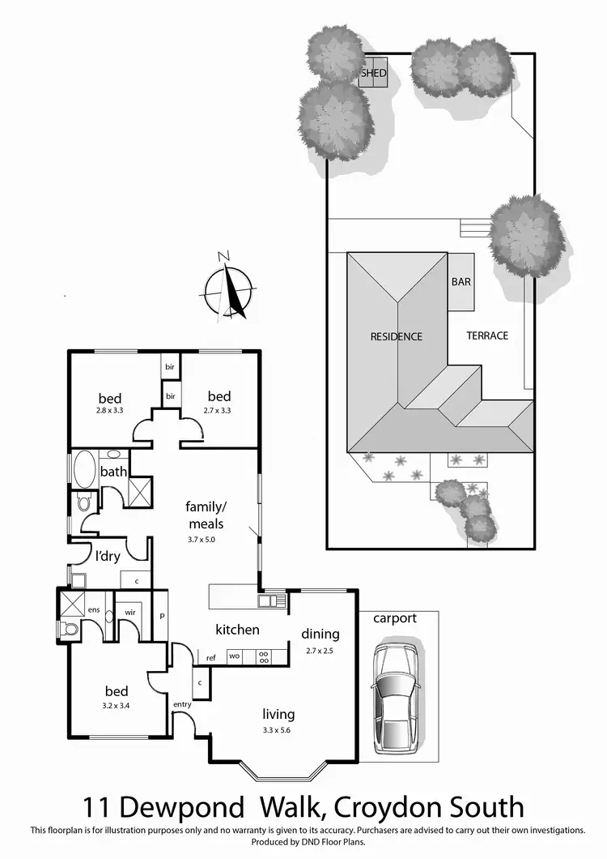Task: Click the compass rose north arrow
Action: tap(230, 287)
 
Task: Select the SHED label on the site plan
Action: tap(374, 73)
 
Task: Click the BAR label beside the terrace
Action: tap(461, 283)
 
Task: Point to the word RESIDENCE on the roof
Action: tap(397, 336)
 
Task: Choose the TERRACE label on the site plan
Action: tap(487, 335)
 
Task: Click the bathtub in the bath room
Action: tap(83, 468)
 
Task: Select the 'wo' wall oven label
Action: tap(235, 656)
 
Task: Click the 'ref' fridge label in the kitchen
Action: tap(210, 657)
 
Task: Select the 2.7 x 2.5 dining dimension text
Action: tap(320, 650)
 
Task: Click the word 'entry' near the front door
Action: tap(182, 704)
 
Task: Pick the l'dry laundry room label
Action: tap(108, 557)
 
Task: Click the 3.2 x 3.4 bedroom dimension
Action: tap(117, 706)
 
